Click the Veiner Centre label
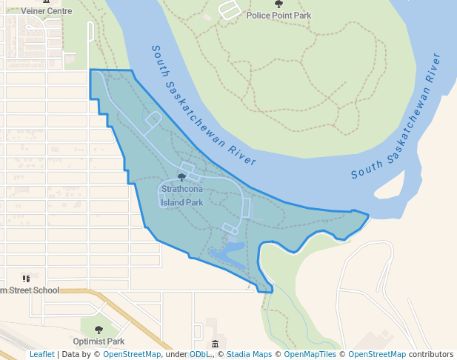pos(46,11)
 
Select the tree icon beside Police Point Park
pos(278,4)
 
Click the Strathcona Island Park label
pos(182,196)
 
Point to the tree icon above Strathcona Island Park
pos(182,177)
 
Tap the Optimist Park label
pos(99,341)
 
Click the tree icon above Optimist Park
pos(99,330)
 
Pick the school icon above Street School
pos(27,279)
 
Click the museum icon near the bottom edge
pos(215,344)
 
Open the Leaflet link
pos(41,355)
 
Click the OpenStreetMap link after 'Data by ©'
pos(132,355)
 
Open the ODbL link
pos(199,355)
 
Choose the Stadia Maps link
pos(249,355)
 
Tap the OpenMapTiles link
pos(312,355)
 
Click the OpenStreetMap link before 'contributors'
pos(377,355)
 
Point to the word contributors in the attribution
pos(431,355)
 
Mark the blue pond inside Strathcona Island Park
pos(229,253)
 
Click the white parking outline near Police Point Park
pos(230,10)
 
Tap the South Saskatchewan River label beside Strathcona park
pos(203,107)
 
